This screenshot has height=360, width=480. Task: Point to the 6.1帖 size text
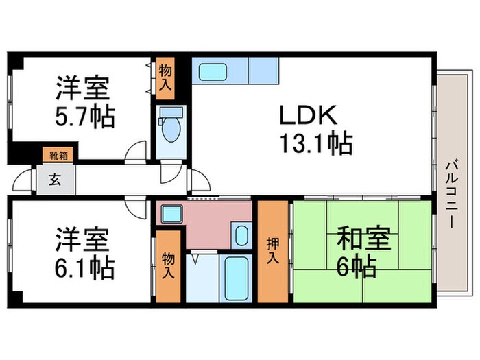[85, 267]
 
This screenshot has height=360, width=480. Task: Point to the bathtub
[235, 276]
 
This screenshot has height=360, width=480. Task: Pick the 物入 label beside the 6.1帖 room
[169, 265]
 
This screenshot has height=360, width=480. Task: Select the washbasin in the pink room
[241, 235]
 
